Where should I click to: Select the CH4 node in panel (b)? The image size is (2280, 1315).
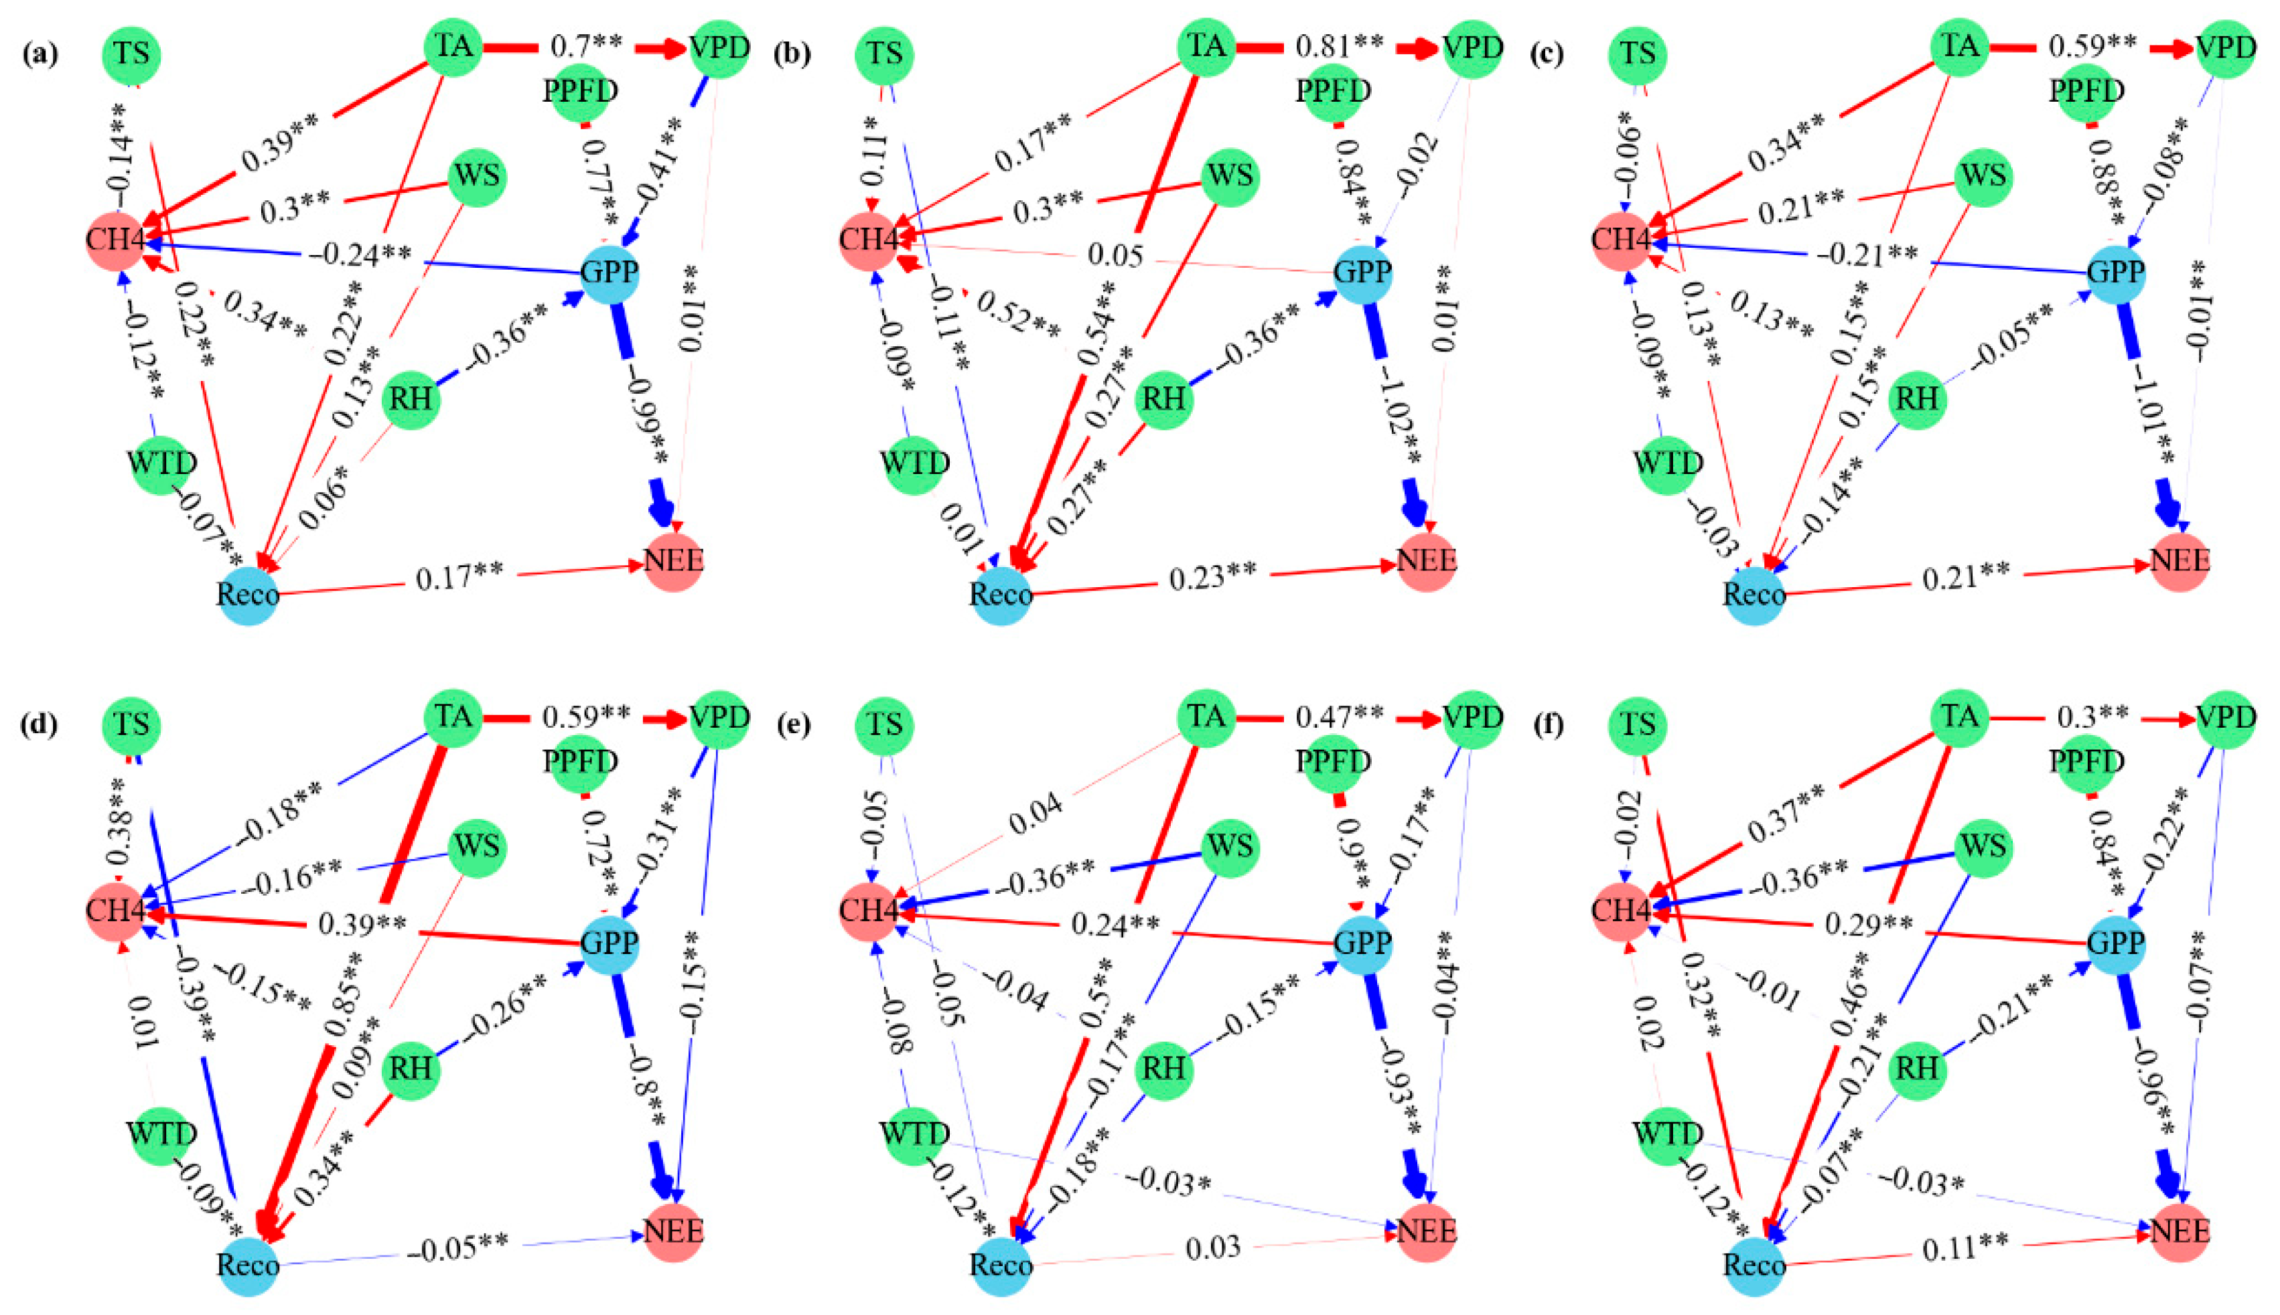point(869,241)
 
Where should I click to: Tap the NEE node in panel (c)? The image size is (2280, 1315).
point(2180,561)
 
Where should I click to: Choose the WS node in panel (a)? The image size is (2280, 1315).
point(477,177)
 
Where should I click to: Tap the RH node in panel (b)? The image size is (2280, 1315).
point(1163,398)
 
